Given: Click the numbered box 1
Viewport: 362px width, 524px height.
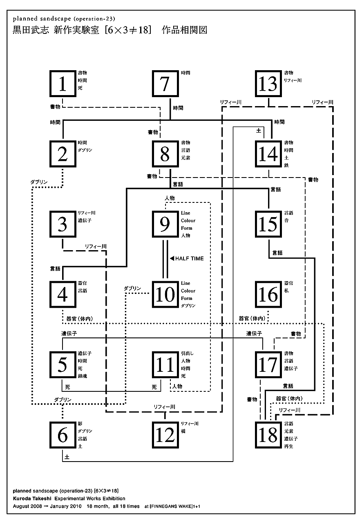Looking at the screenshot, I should pyautogui.click(x=63, y=84).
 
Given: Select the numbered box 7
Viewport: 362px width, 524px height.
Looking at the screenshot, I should pyautogui.click(x=165, y=84).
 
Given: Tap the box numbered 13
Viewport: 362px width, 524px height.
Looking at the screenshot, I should pyautogui.click(x=268, y=84).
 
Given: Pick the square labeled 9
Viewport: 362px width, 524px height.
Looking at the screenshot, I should pyautogui.click(x=165, y=224).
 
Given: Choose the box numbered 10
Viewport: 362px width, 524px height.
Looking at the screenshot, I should pyautogui.click(x=165, y=294).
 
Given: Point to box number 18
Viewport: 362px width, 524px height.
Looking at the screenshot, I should pyautogui.click(x=268, y=435).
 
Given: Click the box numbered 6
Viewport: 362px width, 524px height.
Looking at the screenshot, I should pyautogui.click(x=63, y=435).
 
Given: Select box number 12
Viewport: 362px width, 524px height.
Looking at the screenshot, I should pyautogui.click(x=165, y=435).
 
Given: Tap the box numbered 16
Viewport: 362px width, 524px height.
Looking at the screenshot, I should pyautogui.click(x=268, y=294).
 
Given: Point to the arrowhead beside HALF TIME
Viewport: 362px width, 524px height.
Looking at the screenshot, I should pyautogui.click(x=172, y=259).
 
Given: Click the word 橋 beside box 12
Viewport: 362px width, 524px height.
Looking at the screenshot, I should pyautogui.click(x=183, y=431).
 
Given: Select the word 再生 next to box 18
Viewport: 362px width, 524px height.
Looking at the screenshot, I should pyautogui.click(x=288, y=446).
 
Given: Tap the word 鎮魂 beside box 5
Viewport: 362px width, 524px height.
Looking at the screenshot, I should pyautogui.click(x=82, y=376).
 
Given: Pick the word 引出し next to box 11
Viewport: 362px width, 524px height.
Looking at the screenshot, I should pyautogui.click(x=188, y=353).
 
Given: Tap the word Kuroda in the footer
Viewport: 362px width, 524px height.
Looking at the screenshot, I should pyautogui.click(x=22, y=499).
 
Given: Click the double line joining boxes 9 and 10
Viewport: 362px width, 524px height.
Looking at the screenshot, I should pyautogui.click(x=165, y=259).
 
